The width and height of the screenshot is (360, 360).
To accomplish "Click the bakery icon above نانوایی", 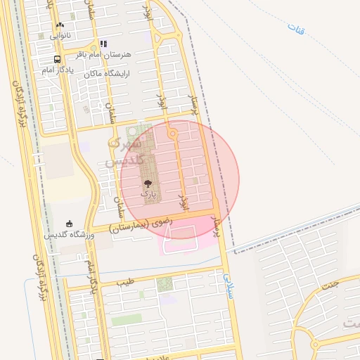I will click(60, 25).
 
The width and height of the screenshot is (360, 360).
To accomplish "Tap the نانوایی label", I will click(60, 35).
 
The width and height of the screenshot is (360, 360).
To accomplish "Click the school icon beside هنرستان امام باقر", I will click(103, 44).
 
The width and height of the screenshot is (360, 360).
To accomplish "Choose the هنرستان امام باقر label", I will click(127, 54).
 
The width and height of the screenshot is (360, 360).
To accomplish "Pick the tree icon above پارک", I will click(147, 182).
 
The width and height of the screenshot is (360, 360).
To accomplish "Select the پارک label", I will click(148, 192).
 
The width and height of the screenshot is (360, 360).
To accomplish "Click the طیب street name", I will click(124, 282).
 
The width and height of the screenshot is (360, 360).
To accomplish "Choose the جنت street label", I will click(331, 285).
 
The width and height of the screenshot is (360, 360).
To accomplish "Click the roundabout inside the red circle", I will click(172, 134).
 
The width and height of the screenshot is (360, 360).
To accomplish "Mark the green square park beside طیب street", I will click(165, 284).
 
